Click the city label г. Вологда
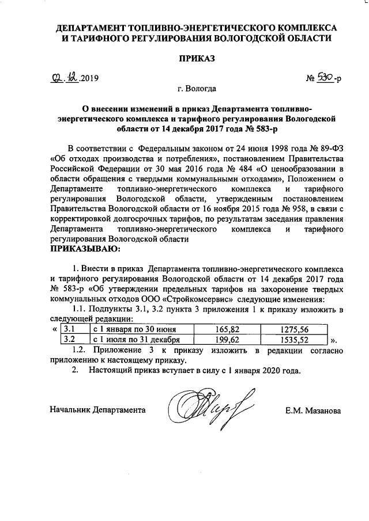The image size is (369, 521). (197, 89)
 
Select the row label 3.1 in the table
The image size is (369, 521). (69, 329)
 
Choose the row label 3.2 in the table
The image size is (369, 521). (69, 340)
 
